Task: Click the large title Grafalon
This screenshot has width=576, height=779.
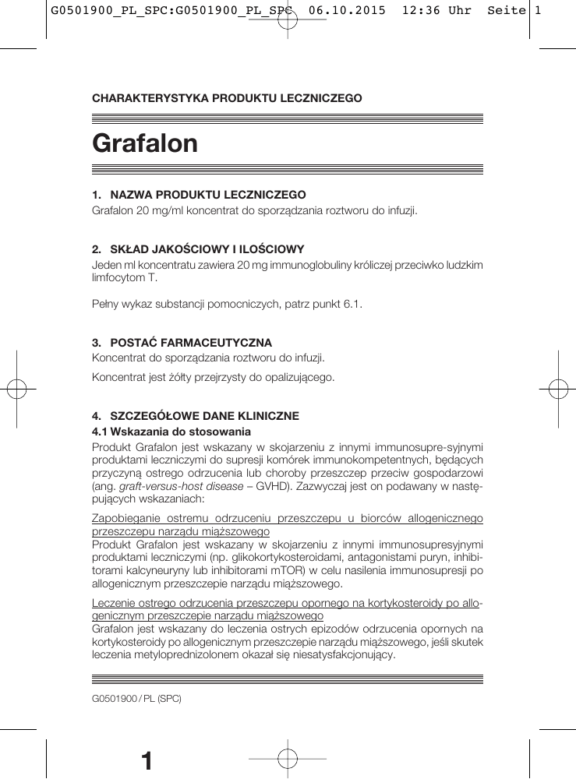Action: pos(145,143)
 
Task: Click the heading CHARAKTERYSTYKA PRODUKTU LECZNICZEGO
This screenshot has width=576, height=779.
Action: pos(227,98)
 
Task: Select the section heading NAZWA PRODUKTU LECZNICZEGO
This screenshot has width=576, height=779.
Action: pos(207,194)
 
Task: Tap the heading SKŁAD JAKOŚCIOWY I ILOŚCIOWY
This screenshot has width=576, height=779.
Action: pos(207,249)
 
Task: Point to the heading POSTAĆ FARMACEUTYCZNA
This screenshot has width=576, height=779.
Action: pos(191,342)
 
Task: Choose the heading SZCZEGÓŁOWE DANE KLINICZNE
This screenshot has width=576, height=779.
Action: pos(204,416)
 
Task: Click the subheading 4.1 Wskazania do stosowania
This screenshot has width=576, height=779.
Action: pos(171,431)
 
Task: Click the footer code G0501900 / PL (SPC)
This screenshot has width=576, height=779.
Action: pos(136,699)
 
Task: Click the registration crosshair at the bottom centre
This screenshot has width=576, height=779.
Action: pos(287,757)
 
